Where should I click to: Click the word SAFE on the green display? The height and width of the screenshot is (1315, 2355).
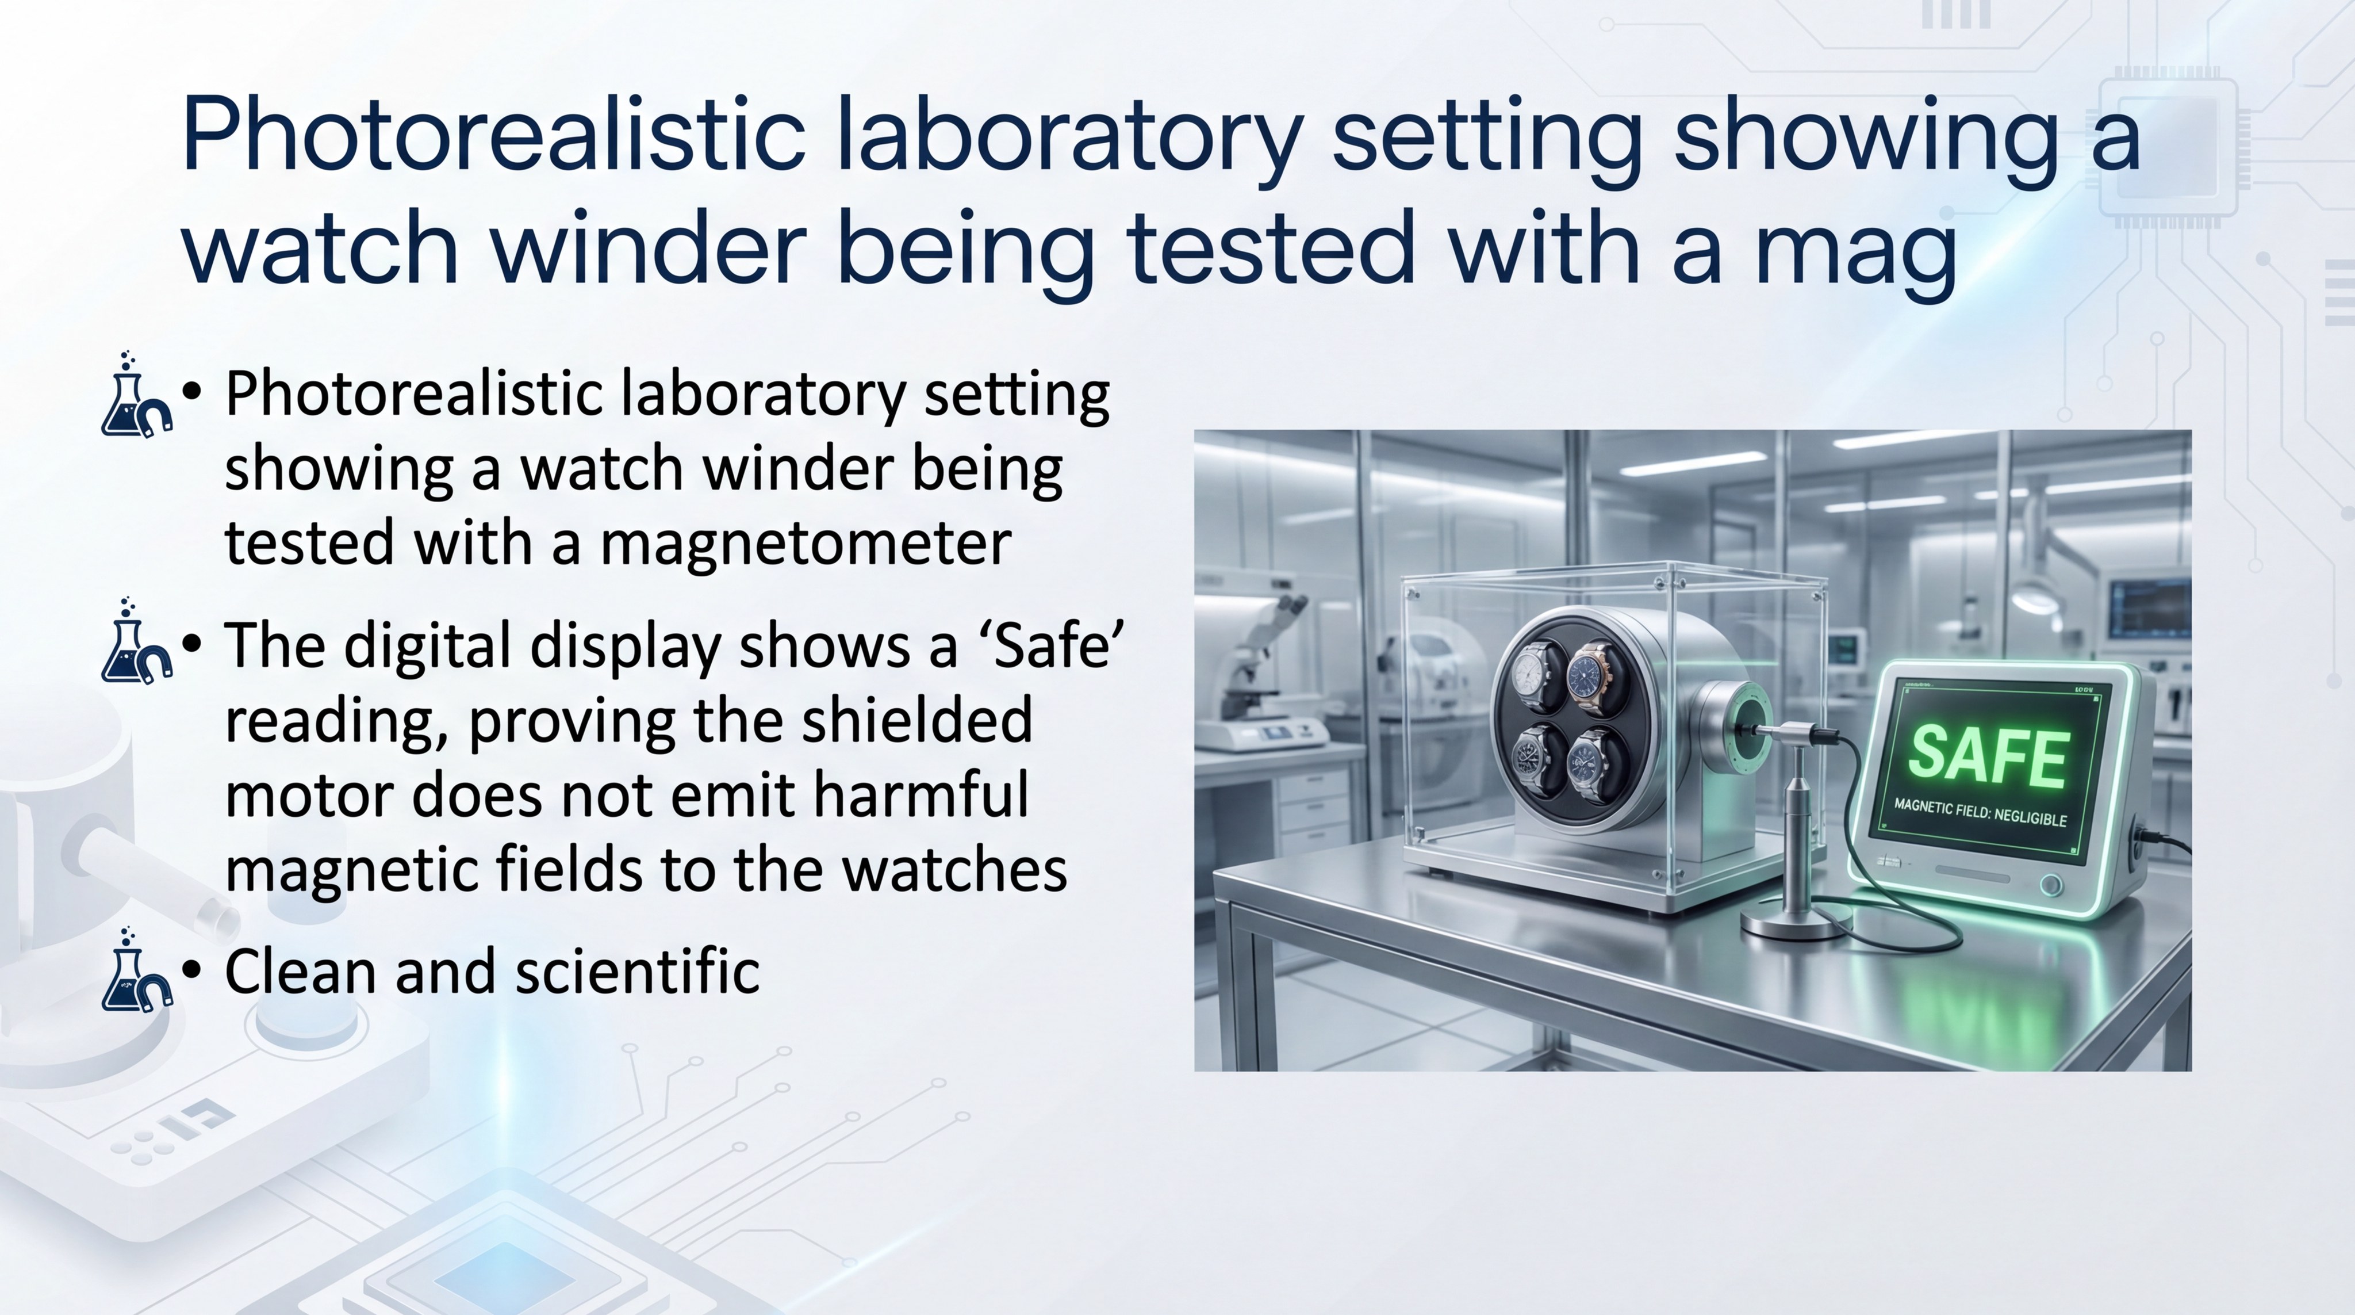[1988, 755]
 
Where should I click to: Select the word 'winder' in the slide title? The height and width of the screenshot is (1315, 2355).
[649, 247]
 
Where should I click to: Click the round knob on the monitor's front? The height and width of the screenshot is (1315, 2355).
[2051, 885]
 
